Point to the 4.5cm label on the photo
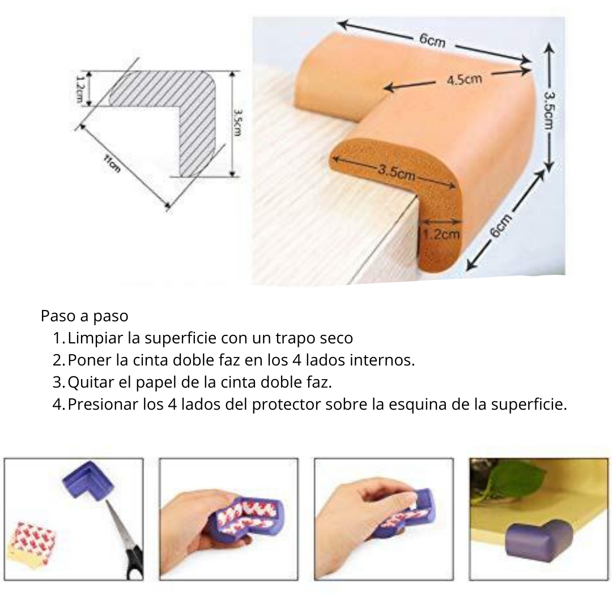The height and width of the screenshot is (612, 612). click(x=464, y=80)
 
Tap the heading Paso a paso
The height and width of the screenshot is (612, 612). click(x=84, y=316)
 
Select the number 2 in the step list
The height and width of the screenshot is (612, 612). click(x=57, y=360)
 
